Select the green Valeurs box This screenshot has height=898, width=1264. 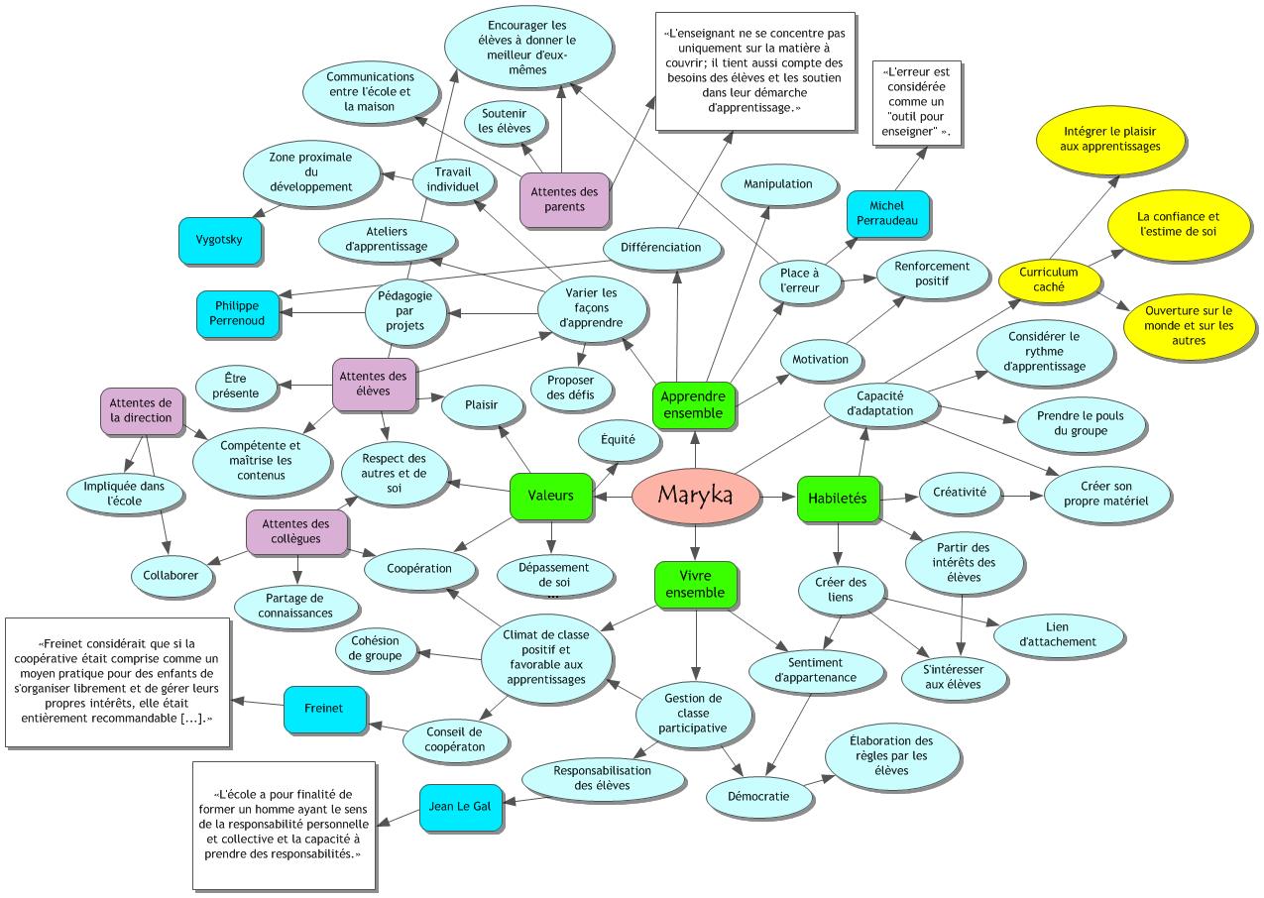point(550,496)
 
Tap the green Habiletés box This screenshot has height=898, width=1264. point(838,498)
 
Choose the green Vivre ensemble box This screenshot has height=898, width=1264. point(695,584)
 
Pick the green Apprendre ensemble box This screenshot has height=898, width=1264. point(694,404)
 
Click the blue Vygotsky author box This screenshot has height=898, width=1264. point(220,241)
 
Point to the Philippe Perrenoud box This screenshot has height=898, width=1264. point(238,313)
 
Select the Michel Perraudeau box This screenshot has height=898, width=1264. point(887,214)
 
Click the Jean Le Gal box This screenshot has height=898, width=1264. point(461,807)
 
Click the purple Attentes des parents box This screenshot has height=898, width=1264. point(564,198)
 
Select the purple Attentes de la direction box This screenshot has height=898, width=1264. point(141,410)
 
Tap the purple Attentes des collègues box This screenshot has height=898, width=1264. point(296,531)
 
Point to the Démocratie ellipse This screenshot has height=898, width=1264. point(758,795)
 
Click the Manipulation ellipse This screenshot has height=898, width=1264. point(778,183)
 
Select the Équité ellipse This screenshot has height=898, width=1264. point(618,439)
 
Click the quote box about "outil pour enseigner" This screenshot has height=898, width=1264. point(917,104)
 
